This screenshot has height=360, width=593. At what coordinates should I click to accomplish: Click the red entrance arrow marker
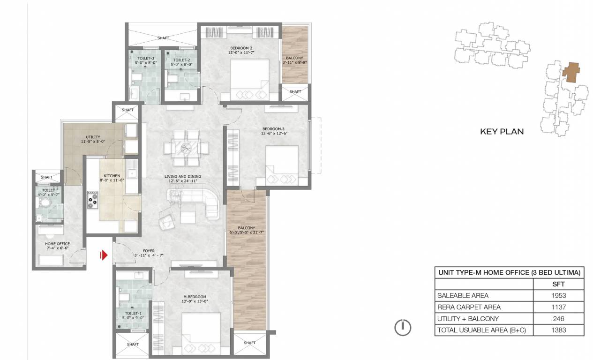(x=104, y=255)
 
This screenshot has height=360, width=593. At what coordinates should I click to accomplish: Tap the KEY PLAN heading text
(x=502, y=132)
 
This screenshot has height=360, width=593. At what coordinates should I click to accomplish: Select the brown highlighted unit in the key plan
(x=570, y=73)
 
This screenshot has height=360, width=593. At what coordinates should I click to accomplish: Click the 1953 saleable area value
(x=559, y=295)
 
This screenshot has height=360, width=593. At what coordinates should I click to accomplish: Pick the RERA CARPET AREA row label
(x=469, y=307)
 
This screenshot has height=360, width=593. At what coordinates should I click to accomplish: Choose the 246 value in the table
(x=559, y=319)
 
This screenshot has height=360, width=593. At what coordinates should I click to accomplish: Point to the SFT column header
(x=559, y=284)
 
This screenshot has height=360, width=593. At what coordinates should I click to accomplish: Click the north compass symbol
(x=403, y=327)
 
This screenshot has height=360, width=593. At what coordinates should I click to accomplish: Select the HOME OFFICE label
(x=57, y=244)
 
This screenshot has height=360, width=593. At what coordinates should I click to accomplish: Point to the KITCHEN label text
(x=111, y=176)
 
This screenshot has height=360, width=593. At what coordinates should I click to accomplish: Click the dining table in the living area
(x=186, y=148)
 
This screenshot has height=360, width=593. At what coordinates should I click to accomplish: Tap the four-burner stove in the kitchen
(x=92, y=200)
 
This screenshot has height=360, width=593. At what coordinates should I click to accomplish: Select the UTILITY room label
(x=93, y=137)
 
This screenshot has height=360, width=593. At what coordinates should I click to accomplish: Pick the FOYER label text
(x=148, y=251)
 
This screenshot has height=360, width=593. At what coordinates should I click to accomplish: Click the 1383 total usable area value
(x=559, y=330)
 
